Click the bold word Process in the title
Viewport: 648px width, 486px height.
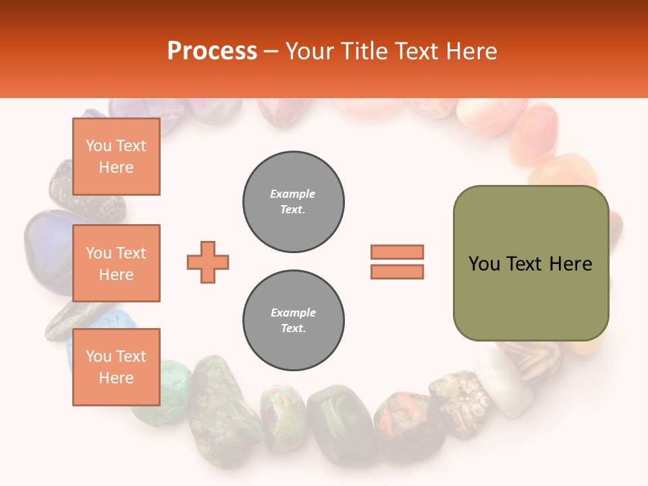[212, 51]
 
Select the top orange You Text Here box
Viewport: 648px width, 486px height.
[116, 157]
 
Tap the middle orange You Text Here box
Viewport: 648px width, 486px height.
[116, 263]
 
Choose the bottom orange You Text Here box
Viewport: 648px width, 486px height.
[116, 367]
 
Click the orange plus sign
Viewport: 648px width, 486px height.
[208, 262]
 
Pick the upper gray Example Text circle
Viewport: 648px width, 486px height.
[294, 201]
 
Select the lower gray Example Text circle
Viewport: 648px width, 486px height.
[294, 320]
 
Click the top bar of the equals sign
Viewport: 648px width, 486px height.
[397, 252]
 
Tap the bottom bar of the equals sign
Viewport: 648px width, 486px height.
[397, 271]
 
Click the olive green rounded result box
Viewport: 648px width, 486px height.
[531, 263]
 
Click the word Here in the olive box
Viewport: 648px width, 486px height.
[570, 264]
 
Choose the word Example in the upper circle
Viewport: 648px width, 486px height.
[293, 194]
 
